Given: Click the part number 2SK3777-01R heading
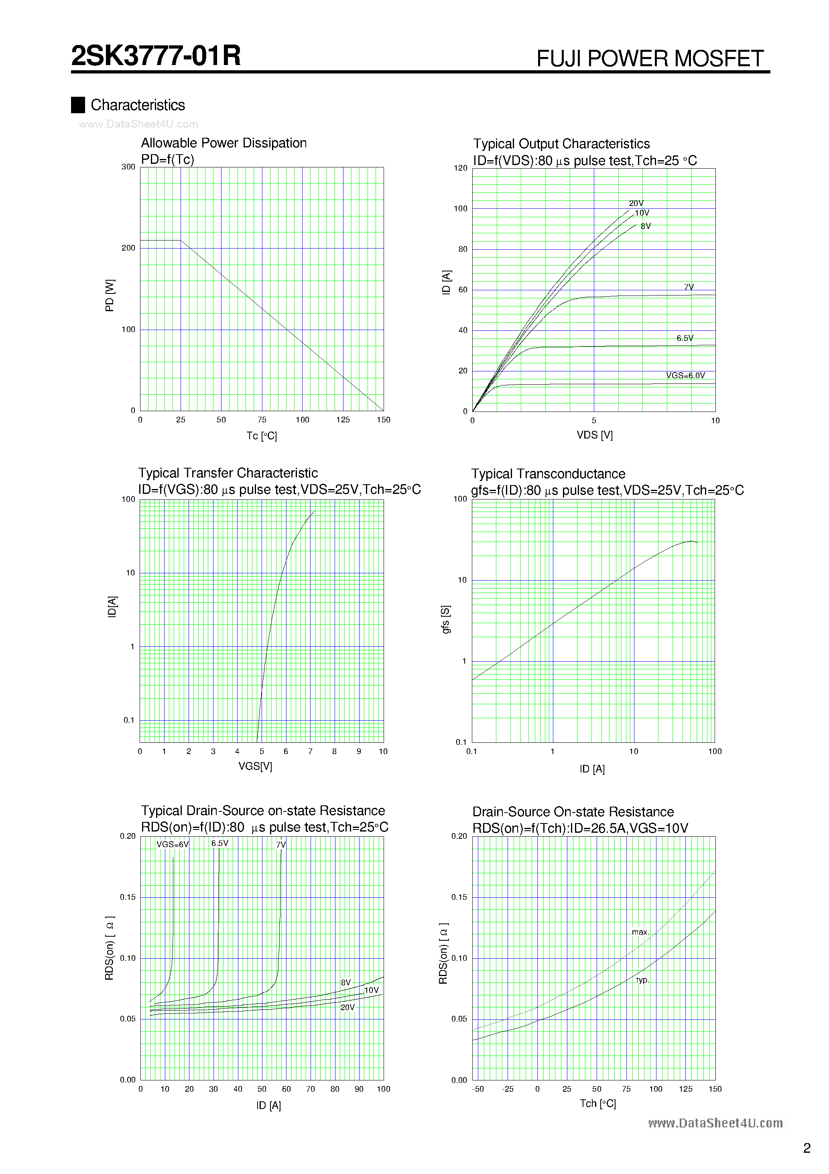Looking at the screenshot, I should [156, 56].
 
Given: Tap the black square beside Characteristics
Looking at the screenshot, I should [78, 105].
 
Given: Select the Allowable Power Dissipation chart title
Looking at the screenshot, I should [224, 143].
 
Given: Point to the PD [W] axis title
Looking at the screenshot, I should [110, 296].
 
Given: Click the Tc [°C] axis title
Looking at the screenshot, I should [261, 436].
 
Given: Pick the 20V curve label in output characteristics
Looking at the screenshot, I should [636, 203].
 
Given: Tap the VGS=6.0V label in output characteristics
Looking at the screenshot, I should [685, 375].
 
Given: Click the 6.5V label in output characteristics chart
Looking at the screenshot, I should [685, 338].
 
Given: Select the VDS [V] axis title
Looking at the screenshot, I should [594, 435].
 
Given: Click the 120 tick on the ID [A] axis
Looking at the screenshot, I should [461, 168].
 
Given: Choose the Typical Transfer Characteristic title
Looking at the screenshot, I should [228, 473].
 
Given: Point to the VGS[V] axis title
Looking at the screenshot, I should [255, 766].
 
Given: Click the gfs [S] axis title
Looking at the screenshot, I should [446, 620].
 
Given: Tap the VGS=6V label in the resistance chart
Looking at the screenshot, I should [172, 844].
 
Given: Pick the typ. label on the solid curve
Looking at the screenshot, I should [642, 980].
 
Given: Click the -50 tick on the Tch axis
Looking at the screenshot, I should [478, 1089].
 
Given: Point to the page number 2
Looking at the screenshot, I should [807, 1148].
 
